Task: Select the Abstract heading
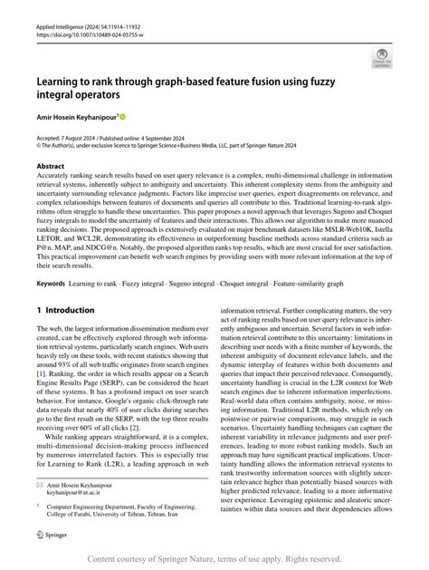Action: (52, 168)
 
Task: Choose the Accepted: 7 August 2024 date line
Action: (75, 136)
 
